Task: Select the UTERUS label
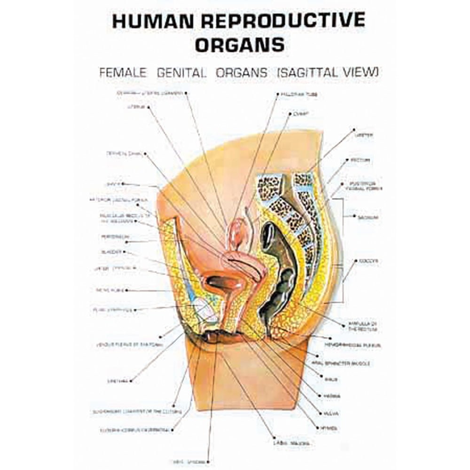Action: click(134, 107)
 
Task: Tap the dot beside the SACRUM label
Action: click(353, 217)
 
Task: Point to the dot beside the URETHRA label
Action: click(131, 380)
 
